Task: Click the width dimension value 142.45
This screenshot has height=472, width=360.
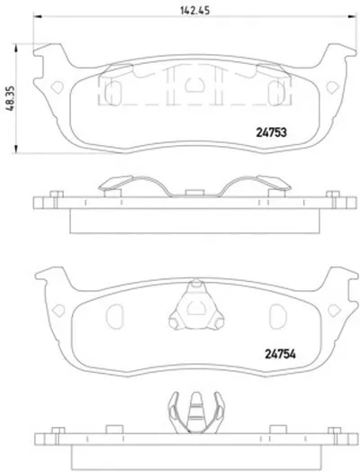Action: (194, 10)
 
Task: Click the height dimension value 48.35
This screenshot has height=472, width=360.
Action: (10, 98)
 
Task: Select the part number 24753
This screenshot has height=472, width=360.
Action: (271, 132)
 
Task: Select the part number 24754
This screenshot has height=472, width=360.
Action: (280, 354)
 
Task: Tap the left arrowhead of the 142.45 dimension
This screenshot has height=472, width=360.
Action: (37, 16)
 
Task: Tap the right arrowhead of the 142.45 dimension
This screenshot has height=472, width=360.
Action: (352, 16)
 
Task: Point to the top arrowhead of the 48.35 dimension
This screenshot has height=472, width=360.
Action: (16, 48)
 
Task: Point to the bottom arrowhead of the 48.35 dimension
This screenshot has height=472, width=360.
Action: (16, 149)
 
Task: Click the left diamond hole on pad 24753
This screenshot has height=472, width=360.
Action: (57, 87)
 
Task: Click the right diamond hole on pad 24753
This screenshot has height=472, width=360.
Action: (333, 87)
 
